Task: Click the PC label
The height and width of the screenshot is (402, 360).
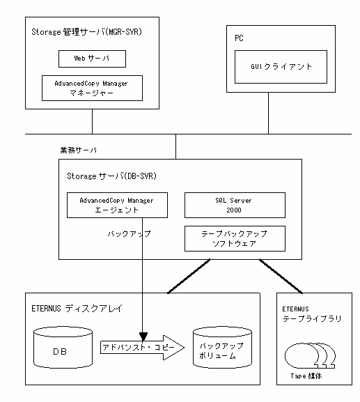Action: [x=239, y=38]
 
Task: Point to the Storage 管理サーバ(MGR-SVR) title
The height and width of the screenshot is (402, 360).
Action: [x=86, y=32]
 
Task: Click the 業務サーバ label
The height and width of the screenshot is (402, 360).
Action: [x=79, y=150]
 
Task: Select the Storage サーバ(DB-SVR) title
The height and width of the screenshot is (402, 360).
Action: [x=111, y=176]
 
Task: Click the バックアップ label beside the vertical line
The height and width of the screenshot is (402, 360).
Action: [x=129, y=233]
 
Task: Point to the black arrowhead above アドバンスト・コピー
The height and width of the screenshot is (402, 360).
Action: [x=143, y=337]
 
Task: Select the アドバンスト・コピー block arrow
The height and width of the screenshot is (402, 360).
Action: [x=142, y=348]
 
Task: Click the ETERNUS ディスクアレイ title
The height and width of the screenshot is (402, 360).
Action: [x=77, y=308]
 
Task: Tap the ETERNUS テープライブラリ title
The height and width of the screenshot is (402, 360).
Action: [x=312, y=314]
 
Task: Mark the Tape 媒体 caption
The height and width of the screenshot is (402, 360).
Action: [x=306, y=376]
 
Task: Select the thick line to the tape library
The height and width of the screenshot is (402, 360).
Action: [x=281, y=276]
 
